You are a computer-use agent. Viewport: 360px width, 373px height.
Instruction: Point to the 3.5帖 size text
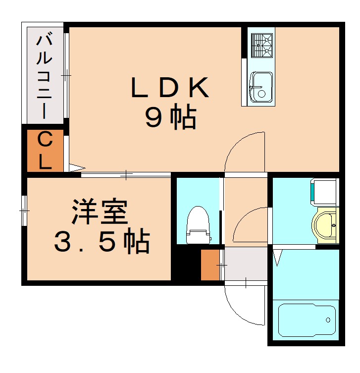[x=102, y=242]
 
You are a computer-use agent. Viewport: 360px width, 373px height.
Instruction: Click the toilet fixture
[x=198, y=225]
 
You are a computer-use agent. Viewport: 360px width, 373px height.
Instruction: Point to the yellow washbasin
[x=325, y=225]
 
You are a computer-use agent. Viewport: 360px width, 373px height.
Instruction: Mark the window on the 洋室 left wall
[x=24, y=211]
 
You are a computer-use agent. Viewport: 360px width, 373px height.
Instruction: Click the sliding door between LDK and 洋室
[x=126, y=174]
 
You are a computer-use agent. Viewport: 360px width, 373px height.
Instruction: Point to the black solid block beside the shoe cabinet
[x=186, y=265]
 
